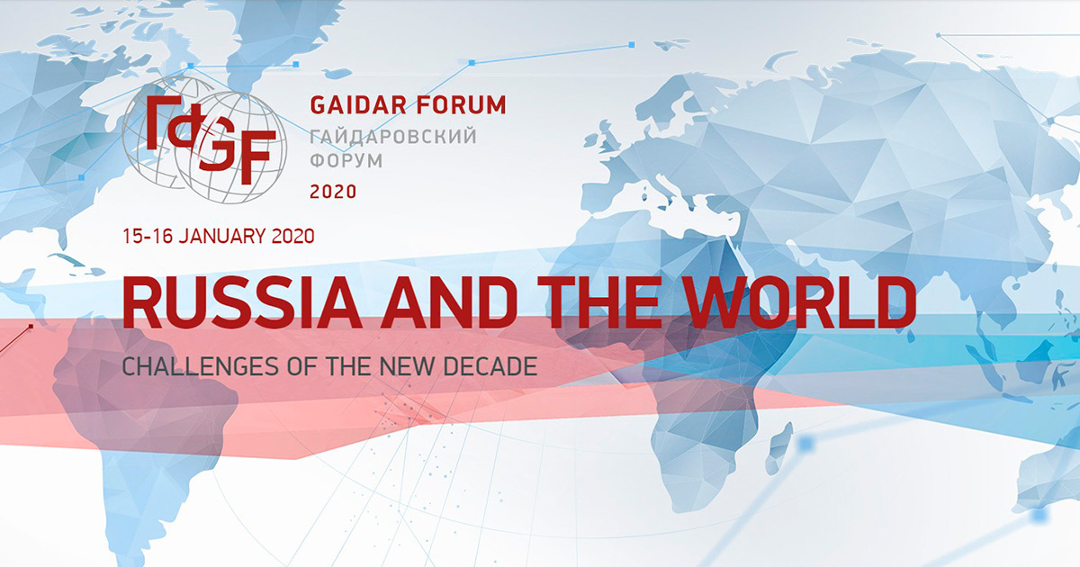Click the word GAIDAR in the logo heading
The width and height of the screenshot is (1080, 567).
pyautogui.click(x=358, y=105)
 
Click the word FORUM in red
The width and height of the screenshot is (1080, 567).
pyautogui.click(x=463, y=105)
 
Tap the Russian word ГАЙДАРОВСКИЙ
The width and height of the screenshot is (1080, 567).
pyautogui.click(x=393, y=137)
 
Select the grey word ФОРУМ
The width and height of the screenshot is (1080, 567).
pyautogui.click(x=346, y=160)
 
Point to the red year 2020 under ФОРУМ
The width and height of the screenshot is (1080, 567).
pyautogui.click(x=333, y=192)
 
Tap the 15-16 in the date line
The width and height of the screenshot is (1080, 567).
pyautogui.click(x=148, y=236)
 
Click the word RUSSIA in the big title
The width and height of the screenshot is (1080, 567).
pyautogui.click(x=242, y=302)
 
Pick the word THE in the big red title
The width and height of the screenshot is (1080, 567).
pyautogui.click(x=598, y=302)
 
